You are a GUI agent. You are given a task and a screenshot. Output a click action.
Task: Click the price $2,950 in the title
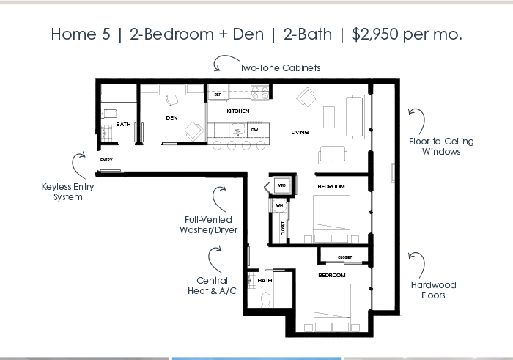pos(375,34)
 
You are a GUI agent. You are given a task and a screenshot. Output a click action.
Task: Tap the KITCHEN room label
pos(238,111)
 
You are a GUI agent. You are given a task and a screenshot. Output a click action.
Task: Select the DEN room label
pos(171,118)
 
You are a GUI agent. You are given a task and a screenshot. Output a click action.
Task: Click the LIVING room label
pos(300,132)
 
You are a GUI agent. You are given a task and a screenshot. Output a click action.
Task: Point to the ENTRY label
pos(106,160)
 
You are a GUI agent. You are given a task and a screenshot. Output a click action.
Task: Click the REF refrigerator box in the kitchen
pos(218,95)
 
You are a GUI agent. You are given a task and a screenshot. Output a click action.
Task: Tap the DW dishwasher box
pos(254,130)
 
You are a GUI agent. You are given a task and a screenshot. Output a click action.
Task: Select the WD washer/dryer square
pos(281,185)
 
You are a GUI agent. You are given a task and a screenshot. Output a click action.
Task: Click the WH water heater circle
pos(279,205)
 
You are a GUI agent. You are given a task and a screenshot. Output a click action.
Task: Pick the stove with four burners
pos(259,92)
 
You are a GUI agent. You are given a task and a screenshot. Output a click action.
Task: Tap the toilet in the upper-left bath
pos(109,114)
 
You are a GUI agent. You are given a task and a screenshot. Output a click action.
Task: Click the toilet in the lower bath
pos(265,300)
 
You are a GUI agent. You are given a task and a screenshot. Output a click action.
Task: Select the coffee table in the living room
pos(329,117)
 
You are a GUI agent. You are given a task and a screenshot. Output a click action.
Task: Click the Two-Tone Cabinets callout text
pos(281,68)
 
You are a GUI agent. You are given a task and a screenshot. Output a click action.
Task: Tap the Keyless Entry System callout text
pos(68,192)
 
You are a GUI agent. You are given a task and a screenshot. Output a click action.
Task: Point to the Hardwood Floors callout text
pos(434,290)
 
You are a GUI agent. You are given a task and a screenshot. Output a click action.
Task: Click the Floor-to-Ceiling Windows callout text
pos(441,147)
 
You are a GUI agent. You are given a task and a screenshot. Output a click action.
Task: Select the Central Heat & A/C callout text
pos(212,286)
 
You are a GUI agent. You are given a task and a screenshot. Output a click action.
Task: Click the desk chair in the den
pos(172,100)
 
